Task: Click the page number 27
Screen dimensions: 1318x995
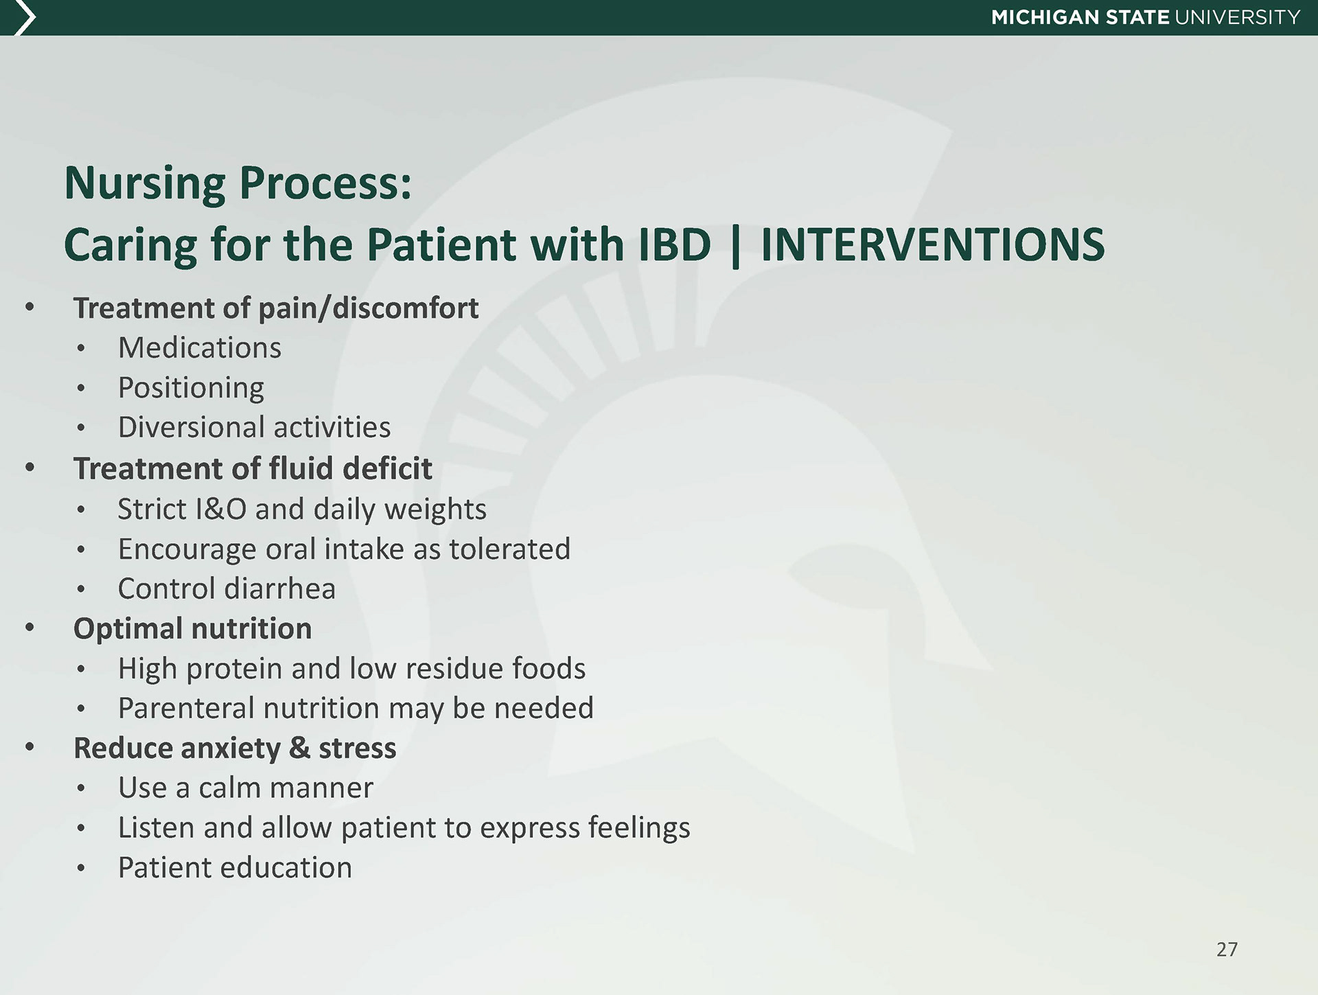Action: (x=1227, y=950)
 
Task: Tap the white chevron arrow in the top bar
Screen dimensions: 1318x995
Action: (x=24, y=18)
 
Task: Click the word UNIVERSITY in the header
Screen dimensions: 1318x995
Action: (x=1238, y=17)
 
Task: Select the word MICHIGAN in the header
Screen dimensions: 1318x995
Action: (x=1045, y=17)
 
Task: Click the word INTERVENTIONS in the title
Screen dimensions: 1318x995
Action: (x=933, y=244)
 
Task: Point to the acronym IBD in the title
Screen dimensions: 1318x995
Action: (x=675, y=244)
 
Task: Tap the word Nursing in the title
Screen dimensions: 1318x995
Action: (x=146, y=185)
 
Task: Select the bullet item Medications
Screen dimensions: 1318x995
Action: (x=200, y=347)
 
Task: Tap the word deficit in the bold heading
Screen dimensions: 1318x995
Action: (x=387, y=468)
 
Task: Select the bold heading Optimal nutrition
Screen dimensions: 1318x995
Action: (x=192, y=629)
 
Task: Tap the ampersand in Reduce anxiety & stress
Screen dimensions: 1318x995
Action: (x=299, y=748)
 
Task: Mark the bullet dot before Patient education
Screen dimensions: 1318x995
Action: (x=81, y=869)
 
